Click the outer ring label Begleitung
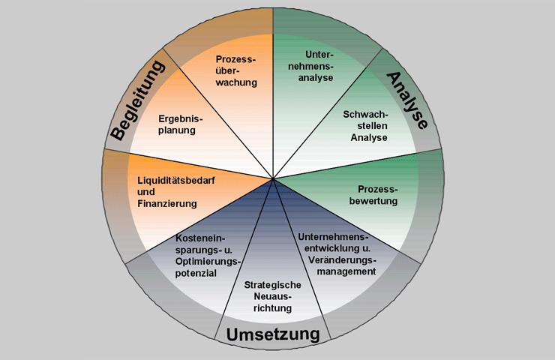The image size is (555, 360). pos(138,100)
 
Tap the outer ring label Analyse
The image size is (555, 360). pos(407,100)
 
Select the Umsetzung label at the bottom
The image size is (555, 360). pos(273,334)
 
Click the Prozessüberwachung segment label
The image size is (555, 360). pos(236,70)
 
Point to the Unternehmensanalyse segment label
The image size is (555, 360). pos(310,66)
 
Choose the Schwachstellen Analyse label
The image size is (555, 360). pos(366,126)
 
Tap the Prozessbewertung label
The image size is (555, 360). pos(373,195)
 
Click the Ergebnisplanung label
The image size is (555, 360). pos(181,124)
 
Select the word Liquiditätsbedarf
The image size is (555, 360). pos(176,180)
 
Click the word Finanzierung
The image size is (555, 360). pos(167,203)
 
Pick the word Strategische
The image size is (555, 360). pos(272,285)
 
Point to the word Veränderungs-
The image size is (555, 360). pos(342,260)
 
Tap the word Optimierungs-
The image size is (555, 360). pos(208,262)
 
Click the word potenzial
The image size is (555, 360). pos(196,273)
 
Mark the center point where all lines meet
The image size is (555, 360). pos(273,179)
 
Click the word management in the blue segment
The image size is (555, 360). pos(346,271)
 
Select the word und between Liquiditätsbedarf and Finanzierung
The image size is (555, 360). pos(146,192)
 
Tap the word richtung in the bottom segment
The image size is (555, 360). pos(272,308)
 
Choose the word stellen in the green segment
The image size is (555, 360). pos(372,126)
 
